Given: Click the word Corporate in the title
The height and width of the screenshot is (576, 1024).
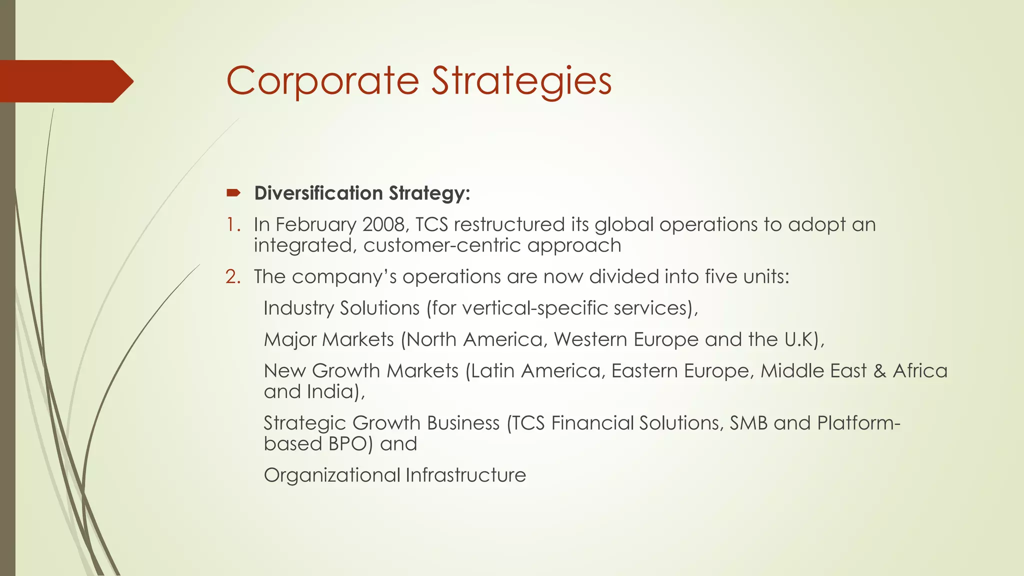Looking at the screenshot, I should click(322, 81).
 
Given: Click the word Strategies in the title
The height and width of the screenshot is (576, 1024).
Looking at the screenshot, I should click(521, 81).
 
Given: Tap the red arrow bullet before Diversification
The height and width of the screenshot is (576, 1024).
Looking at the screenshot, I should click(233, 193).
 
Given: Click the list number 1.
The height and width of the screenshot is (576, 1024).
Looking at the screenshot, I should click(232, 224).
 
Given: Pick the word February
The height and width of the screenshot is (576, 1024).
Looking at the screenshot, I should click(315, 224).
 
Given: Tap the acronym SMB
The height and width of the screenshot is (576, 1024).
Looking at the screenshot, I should click(748, 423).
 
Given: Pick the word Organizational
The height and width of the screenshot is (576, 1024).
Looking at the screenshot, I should click(332, 475).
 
